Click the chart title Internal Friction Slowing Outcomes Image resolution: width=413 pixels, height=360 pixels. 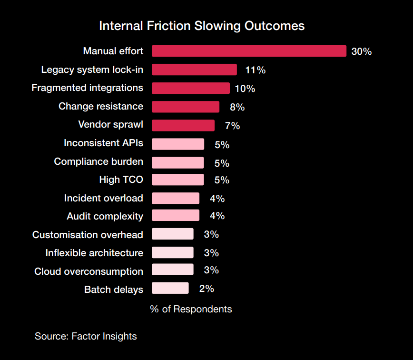click(202, 26)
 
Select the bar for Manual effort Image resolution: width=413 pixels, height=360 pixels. click(249, 51)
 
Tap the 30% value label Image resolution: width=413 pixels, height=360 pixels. click(362, 51)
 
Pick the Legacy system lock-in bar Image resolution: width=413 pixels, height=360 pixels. click(194, 70)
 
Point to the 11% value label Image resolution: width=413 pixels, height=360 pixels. click(255, 70)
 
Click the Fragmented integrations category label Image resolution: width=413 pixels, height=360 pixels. click(87, 88)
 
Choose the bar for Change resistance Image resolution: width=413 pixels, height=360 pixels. click(186, 107)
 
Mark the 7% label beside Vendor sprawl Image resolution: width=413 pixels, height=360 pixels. click(232, 126)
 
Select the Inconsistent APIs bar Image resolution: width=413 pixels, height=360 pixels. click(178, 144)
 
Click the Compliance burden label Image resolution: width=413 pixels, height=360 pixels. click(98, 161)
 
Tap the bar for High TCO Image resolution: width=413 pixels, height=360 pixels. click(178, 180)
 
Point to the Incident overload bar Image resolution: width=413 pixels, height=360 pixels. click(176, 198)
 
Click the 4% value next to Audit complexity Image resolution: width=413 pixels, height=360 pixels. click(217, 216)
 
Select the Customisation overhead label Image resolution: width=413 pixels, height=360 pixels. click(88, 235)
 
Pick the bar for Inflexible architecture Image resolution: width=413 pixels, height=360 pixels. click(173, 252)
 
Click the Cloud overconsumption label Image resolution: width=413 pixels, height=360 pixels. click(88, 271)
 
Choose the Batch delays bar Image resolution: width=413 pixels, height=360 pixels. click(170, 288)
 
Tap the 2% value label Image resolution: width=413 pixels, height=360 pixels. click(206, 289)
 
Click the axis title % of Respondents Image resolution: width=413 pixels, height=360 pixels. click(191, 309)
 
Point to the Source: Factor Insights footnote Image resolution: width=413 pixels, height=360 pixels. click(86, 336)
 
